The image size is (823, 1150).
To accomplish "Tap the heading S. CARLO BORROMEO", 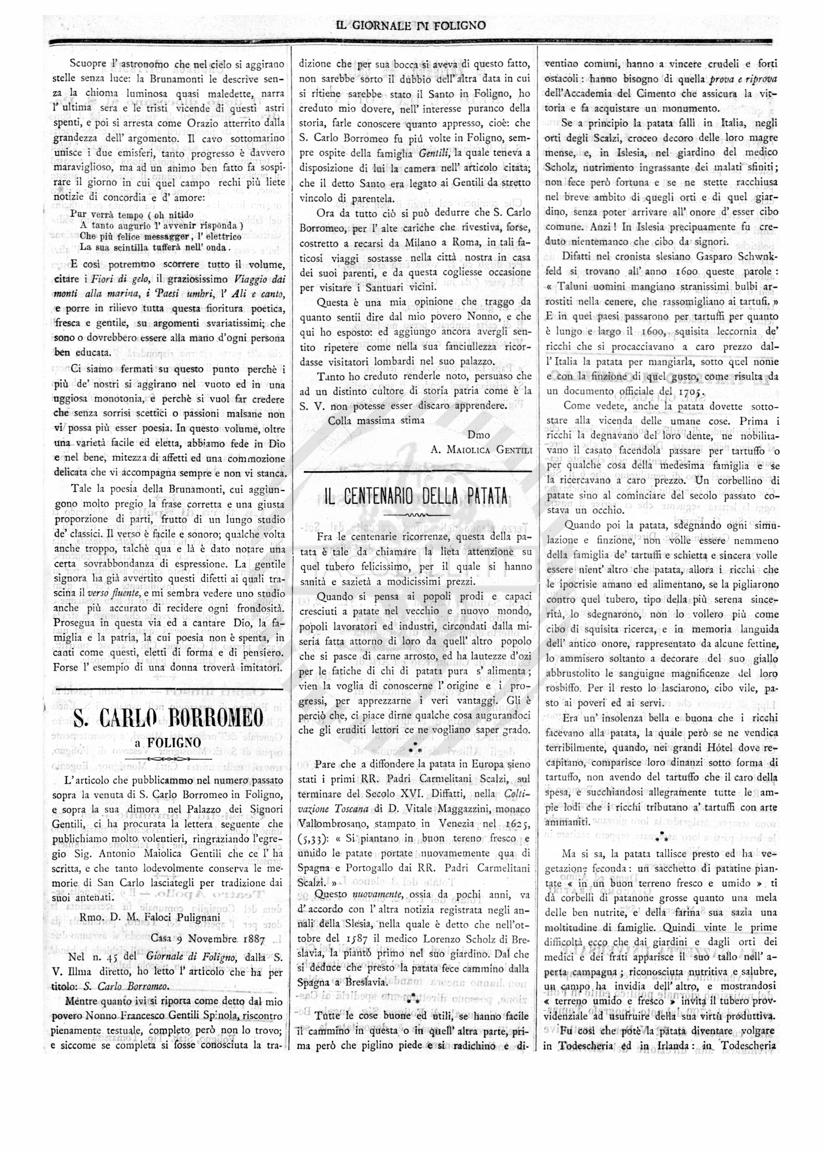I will [x=169, y=717].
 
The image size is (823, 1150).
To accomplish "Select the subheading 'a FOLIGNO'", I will [x=169, y=742].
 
